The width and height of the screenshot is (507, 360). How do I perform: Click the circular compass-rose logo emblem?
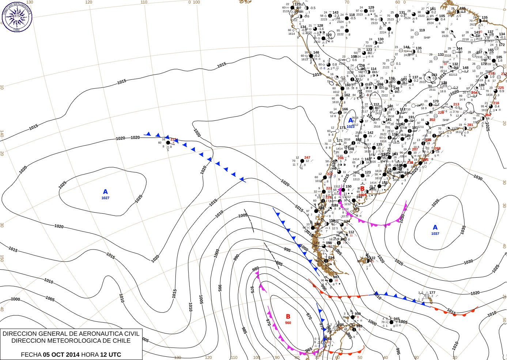[17, 16]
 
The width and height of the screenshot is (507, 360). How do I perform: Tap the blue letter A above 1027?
[105, 192]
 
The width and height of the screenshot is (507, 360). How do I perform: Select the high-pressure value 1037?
[435, 233]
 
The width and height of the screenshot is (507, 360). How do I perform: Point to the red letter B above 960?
[288, 316]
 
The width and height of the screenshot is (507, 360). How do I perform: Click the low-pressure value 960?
[288, 323]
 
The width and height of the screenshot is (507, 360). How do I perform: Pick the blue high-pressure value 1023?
[351, 127]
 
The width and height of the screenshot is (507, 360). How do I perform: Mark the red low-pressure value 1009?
[362, 195]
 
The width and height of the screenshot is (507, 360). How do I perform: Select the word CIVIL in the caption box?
[131, 334]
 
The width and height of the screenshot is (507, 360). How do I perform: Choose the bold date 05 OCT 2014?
[61, 355]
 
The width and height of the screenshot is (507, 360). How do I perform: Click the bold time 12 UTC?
[111, 355]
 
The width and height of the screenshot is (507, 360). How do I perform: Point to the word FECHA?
[31, 355]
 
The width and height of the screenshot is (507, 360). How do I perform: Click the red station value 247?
[307, 158]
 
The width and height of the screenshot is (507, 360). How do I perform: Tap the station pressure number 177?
[432, 293]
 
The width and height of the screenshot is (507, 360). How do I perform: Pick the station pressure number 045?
[397, 319]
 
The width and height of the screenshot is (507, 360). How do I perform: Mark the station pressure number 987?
[336, 277]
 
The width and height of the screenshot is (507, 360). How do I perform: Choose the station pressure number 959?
[357, 314]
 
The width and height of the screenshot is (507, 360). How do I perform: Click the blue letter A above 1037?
[435, 227]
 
